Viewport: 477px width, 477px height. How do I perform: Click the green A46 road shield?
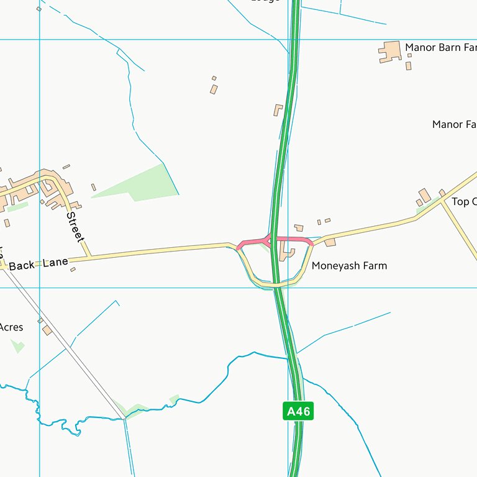pyautogui.click(x=298, y=411)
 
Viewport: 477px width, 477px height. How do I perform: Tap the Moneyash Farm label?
pyautogui.click(x=349, y=266)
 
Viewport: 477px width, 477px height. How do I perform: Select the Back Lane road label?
pyautogui.click(x=39, y=265)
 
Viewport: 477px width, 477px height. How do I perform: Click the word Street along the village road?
pyautogui.click(x=75, y=227)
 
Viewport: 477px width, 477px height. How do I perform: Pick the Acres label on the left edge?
pyautogui.click(x=11, y=327)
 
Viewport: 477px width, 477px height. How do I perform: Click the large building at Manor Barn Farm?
pyautogui.click(x=390, y=52)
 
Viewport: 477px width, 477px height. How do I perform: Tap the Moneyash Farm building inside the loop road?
pyautogui.click(x=288, y=253)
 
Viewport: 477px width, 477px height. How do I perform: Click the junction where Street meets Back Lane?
pyautogui.click(x=91, y=257)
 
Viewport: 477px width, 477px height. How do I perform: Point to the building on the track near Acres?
pyautogui.click(x=47, y=330)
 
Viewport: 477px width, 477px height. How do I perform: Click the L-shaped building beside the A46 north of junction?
pyautogui.click(x=278, y=110)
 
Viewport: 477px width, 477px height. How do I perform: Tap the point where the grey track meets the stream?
pyautogui.click(x=124, y=418)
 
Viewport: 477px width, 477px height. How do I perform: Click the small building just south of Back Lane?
pyautogui.click(x=73, y=270)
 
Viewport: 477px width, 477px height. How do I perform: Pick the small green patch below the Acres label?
pyautogui.click(x=17, y=345)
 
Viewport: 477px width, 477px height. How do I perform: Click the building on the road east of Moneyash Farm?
pyautogui.click(x=330, y=242)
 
